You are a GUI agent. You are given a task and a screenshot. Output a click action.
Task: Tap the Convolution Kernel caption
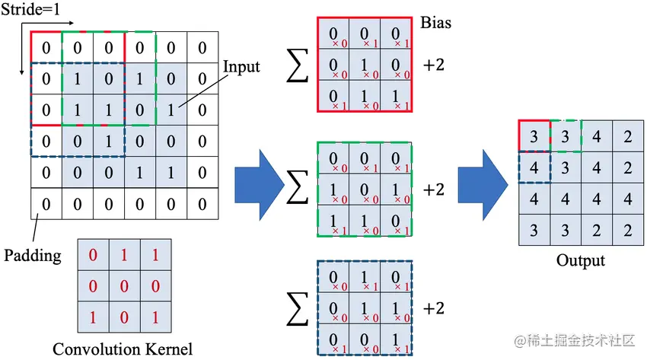click(122, 349)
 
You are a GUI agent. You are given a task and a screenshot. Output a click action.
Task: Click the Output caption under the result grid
click(580, 260)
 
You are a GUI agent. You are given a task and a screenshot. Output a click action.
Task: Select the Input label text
click(241, 67)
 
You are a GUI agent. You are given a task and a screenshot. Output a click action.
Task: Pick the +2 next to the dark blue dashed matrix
click(433, 308)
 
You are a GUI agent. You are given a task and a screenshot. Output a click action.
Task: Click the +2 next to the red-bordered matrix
click(433, 65)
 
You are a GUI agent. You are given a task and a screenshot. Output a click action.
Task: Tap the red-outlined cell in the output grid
click(534, 135)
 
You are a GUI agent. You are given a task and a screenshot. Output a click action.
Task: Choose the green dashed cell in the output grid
click(565, 135)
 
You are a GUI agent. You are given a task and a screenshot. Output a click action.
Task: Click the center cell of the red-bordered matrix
click(364, 65)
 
